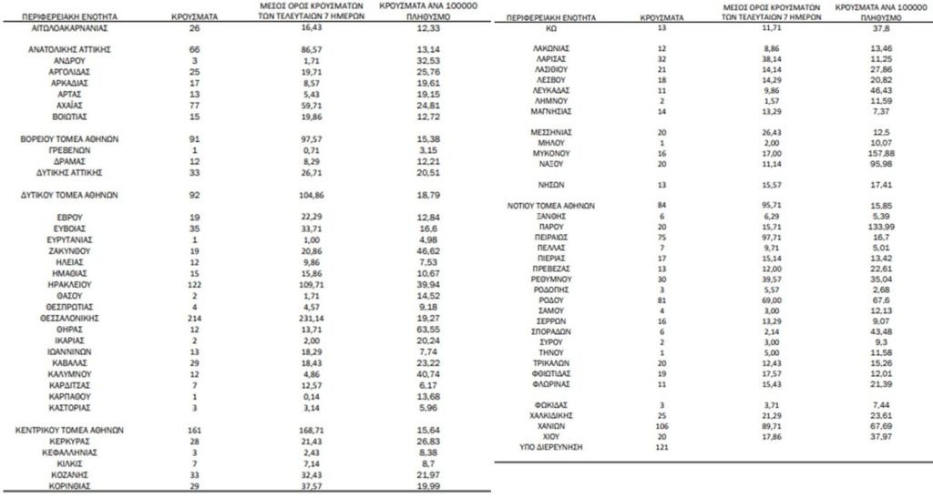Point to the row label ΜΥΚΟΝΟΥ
coord(552,154)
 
